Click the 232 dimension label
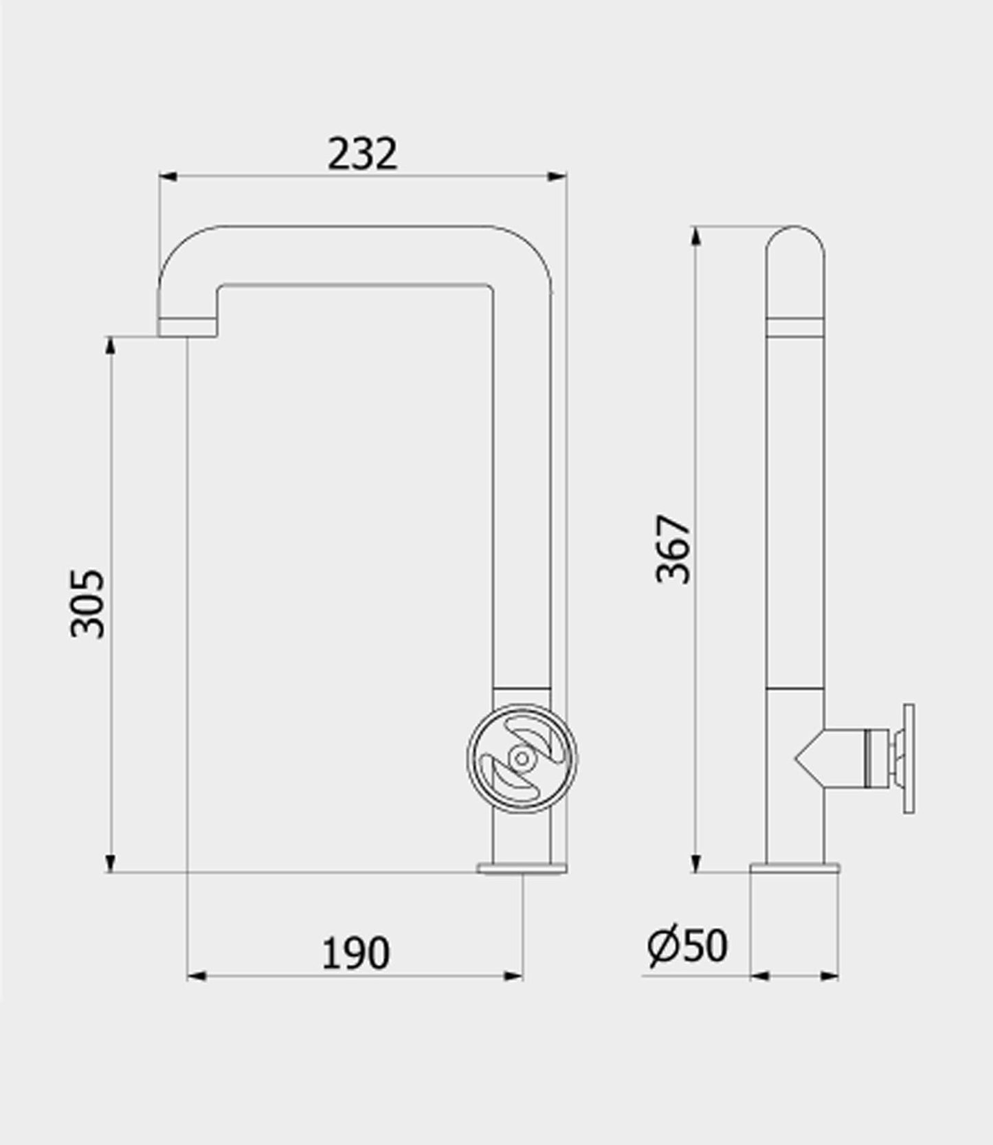point(362,154)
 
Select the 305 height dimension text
point(88,603)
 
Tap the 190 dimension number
point(355,953)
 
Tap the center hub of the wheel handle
point(522,759)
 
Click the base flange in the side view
point(794,867)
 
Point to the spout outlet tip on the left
point(188,328)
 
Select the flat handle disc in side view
point(908,759)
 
